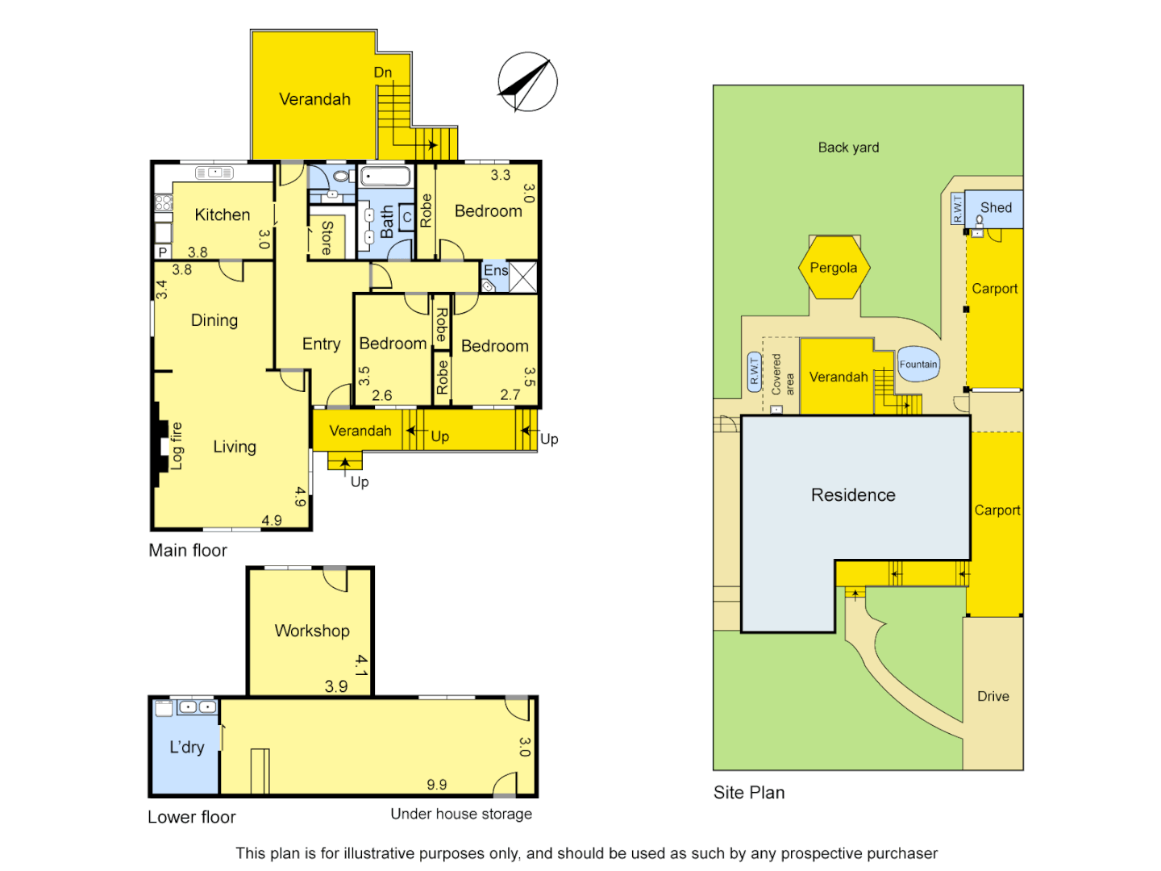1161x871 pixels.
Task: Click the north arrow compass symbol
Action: [527, 82]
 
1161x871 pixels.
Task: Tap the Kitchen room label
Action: [223, 215]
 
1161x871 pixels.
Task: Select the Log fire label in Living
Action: [176, 446]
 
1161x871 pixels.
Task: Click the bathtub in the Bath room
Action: [385, 177]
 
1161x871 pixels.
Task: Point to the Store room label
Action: [327, 238]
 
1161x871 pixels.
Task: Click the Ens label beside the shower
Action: [495, 270]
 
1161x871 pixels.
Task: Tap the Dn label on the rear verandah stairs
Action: [383, 73]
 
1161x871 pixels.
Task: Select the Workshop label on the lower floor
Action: [312, 631]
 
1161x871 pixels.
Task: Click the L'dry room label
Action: [186, 747]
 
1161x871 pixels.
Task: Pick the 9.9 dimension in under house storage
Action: [437, 785]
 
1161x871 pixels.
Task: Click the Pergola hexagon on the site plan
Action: [834, 268]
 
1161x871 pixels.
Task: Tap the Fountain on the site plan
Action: [918, 365]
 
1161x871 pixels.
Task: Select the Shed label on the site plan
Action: [996, 207]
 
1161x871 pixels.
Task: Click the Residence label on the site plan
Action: [853, 495]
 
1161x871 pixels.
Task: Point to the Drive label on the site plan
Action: [992, 696]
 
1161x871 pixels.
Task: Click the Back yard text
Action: [848, 148]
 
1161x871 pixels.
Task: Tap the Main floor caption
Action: [188, 550]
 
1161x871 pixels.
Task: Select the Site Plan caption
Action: [749, 793]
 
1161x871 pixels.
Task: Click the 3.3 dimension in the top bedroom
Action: [500, 175]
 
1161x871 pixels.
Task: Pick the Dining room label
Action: [214, 320]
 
